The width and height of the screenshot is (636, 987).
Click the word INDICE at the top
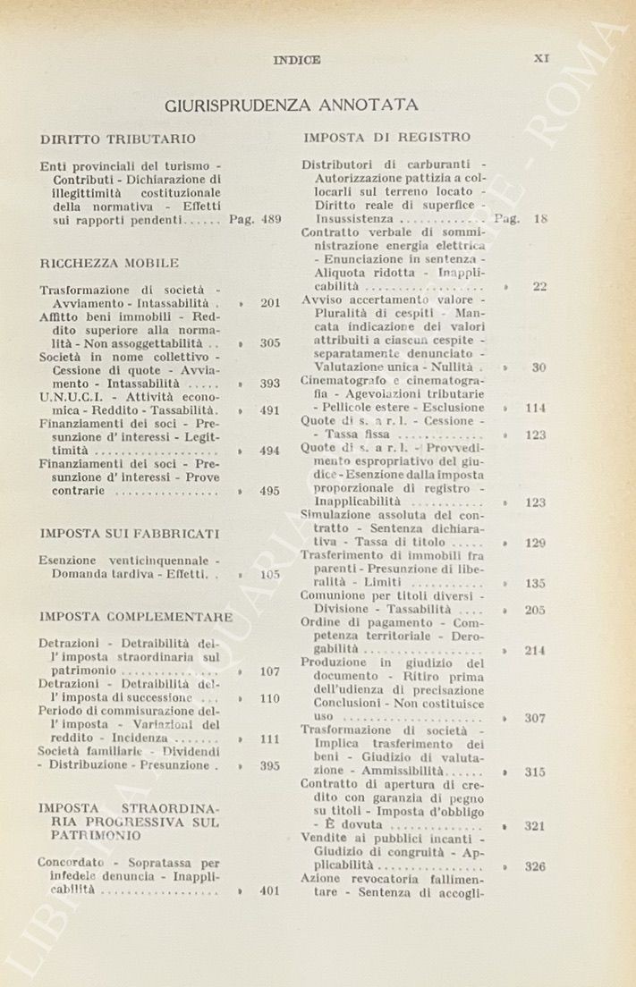297,60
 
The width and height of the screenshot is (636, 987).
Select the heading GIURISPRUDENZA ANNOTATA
292,105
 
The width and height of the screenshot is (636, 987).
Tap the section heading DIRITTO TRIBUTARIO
118,139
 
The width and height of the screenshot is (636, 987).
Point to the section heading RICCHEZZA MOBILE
110,263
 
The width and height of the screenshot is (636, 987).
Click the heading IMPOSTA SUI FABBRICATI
130,533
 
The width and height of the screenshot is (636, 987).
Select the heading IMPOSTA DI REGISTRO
386,138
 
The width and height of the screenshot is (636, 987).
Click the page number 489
271,218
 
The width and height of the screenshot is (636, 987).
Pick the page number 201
270,303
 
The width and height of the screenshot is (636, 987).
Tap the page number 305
270,342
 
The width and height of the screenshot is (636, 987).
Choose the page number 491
270,410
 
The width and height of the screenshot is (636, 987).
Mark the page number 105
270,575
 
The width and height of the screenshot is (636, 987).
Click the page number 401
270,890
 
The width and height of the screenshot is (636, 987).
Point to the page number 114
535,408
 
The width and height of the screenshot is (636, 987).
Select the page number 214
535,651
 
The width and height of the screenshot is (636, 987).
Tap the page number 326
535,866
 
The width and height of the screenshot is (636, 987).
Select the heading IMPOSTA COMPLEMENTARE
136,617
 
